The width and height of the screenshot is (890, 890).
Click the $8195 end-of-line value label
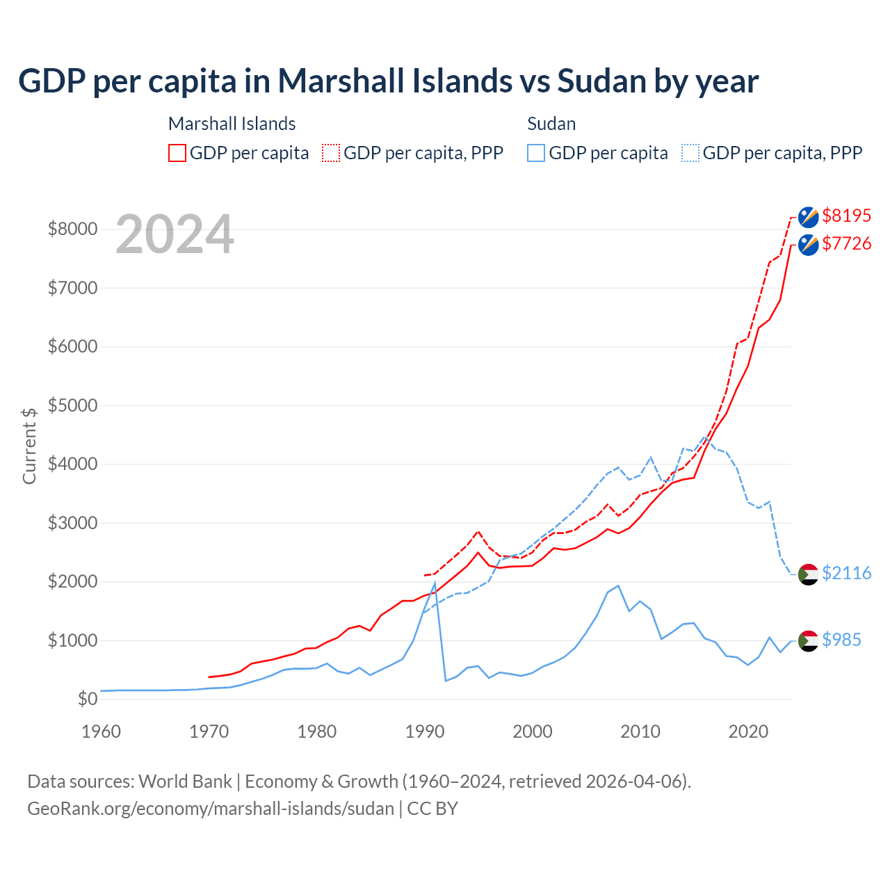coord(846,216)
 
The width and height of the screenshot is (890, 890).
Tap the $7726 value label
coord(846,244)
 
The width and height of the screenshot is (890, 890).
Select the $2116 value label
coord(846,574)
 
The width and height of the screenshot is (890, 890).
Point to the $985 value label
coord(841,640)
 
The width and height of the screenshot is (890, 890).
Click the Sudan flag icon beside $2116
coord(808,574)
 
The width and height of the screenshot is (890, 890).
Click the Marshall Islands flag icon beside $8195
coord(808,217)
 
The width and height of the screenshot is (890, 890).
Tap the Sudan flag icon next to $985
coord(808,640)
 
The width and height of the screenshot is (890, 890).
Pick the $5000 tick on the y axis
coord(72,405)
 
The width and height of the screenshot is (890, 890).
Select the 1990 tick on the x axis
coord(425,731)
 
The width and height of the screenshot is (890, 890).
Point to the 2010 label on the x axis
coord(640,731)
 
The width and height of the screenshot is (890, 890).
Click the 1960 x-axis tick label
coord(102,731)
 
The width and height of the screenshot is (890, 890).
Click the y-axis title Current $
coord(29,446)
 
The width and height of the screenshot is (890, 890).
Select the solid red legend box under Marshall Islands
coord(177,153)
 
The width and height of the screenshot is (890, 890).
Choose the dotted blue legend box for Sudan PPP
coord(690,153)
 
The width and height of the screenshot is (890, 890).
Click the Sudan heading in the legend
coord(551,124)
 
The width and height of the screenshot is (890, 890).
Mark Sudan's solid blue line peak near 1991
coord(435,583)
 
